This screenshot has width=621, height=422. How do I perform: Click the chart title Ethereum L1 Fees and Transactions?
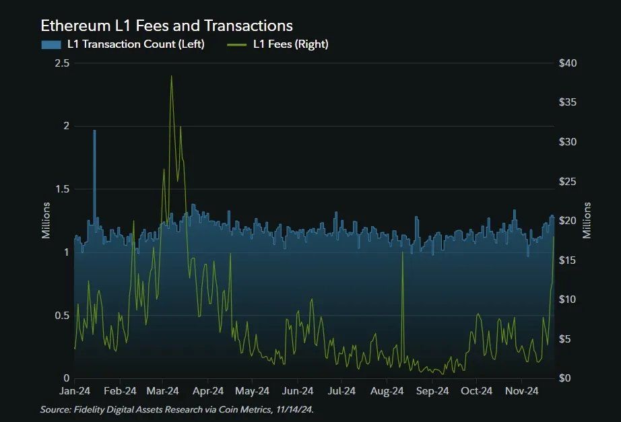166,26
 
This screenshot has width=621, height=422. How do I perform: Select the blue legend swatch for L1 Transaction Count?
51,44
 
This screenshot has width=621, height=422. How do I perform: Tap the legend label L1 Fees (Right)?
290,44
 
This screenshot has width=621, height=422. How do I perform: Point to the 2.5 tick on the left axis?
61,63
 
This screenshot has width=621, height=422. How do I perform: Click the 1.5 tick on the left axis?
61,189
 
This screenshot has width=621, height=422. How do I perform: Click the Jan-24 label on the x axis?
75,391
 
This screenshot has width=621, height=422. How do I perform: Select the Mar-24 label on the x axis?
163,391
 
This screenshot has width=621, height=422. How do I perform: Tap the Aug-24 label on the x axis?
387,391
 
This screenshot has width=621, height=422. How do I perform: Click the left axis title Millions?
46,220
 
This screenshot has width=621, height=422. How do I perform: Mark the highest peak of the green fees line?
171,76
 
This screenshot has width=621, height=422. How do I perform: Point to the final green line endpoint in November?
554,236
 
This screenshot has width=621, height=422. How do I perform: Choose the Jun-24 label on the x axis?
298,391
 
